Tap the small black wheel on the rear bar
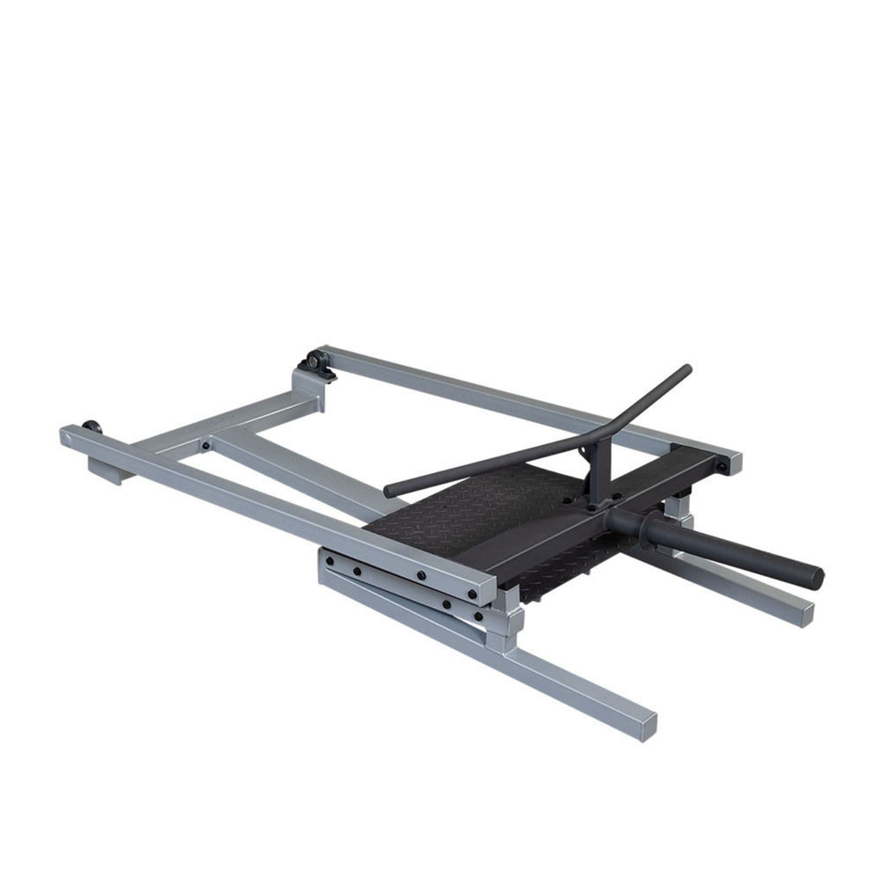click(92, 427)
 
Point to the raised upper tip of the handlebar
click(685, 369)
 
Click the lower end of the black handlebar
click(391, 490)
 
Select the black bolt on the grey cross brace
click(205, 446)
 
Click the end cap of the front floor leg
click(648, 724)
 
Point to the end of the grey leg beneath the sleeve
click(802, 614)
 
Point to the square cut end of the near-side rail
click(485, 592)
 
